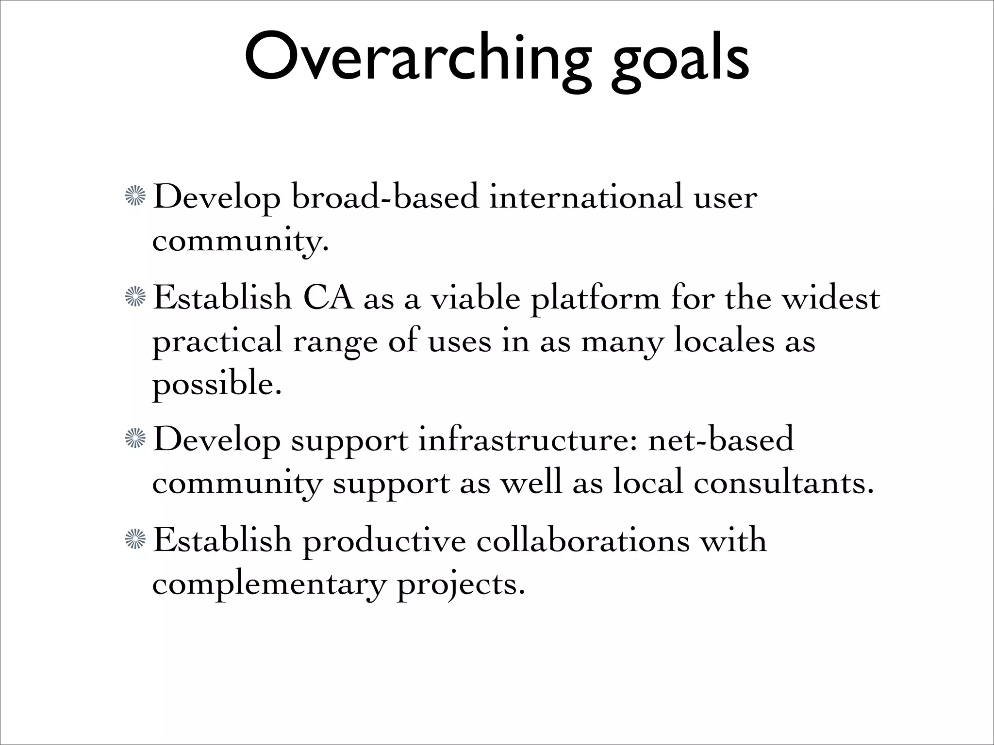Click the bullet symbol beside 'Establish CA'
[135, 297]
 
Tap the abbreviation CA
[328, 298]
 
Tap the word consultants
[783, 483]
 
